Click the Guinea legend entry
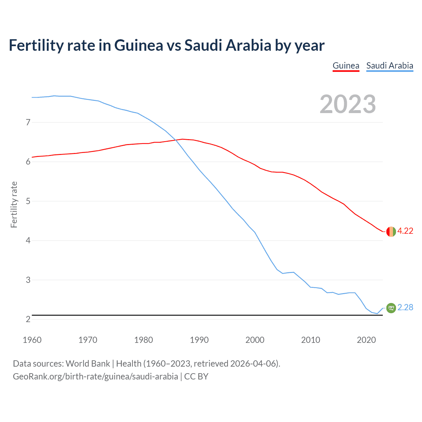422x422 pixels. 346,66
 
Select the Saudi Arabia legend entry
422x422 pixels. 390,66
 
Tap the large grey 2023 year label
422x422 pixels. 348,104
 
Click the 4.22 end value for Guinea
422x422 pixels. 405,231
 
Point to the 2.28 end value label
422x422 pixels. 405,307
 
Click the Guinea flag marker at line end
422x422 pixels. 391,232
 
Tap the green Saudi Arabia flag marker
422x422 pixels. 391,308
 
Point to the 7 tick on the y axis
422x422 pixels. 28,123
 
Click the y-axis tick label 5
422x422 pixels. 28,201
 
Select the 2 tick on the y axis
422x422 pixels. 28,319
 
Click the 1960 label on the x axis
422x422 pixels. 32,340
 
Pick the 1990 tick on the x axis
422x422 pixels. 199,340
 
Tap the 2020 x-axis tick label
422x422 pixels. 366,340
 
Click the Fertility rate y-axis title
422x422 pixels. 14,204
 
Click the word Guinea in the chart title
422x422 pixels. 138,45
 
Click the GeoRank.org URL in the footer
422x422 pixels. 95,377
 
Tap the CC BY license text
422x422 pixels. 196,377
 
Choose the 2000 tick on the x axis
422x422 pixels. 255,340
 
